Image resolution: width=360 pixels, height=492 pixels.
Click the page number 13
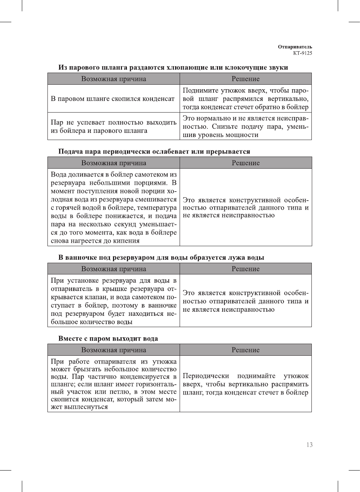click(x=309, y=445)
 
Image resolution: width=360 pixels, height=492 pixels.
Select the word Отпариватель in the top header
click(x=295, y=47)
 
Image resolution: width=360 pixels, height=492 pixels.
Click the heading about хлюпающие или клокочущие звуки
click(x=173, y=68)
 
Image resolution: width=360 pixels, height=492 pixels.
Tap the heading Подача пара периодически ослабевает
click(x=154, y=152)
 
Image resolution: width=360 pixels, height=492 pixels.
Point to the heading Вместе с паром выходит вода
click(x=108, y=338)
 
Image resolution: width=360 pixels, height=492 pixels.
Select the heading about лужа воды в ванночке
click(x=161, y=257)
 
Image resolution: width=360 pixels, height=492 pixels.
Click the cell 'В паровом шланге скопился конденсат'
click(x=113, y=99)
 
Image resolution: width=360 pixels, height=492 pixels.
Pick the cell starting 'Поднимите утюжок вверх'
click(x=245, y=99)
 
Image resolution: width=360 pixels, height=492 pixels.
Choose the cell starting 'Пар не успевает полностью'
click(x=113, y=126)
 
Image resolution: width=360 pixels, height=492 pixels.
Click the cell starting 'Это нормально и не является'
click(x=245, y=126)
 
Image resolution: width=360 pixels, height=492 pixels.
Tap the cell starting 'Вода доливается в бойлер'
click(x=113, y=207)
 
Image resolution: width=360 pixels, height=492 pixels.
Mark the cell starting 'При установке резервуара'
click(x=113, y=301)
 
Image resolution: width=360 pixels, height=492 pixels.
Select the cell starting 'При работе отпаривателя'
click(x=113, y=384)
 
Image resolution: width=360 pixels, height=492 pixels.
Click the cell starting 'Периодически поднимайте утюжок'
click(x=245, y=384)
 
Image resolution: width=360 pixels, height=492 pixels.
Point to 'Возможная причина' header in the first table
click(x=113, y=79)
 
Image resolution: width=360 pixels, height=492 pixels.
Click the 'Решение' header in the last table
click(x=246, y=350)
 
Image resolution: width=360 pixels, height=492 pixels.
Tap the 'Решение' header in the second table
click(x=246, y=163)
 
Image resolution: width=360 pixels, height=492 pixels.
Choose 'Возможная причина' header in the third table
click(x=113, y=269)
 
